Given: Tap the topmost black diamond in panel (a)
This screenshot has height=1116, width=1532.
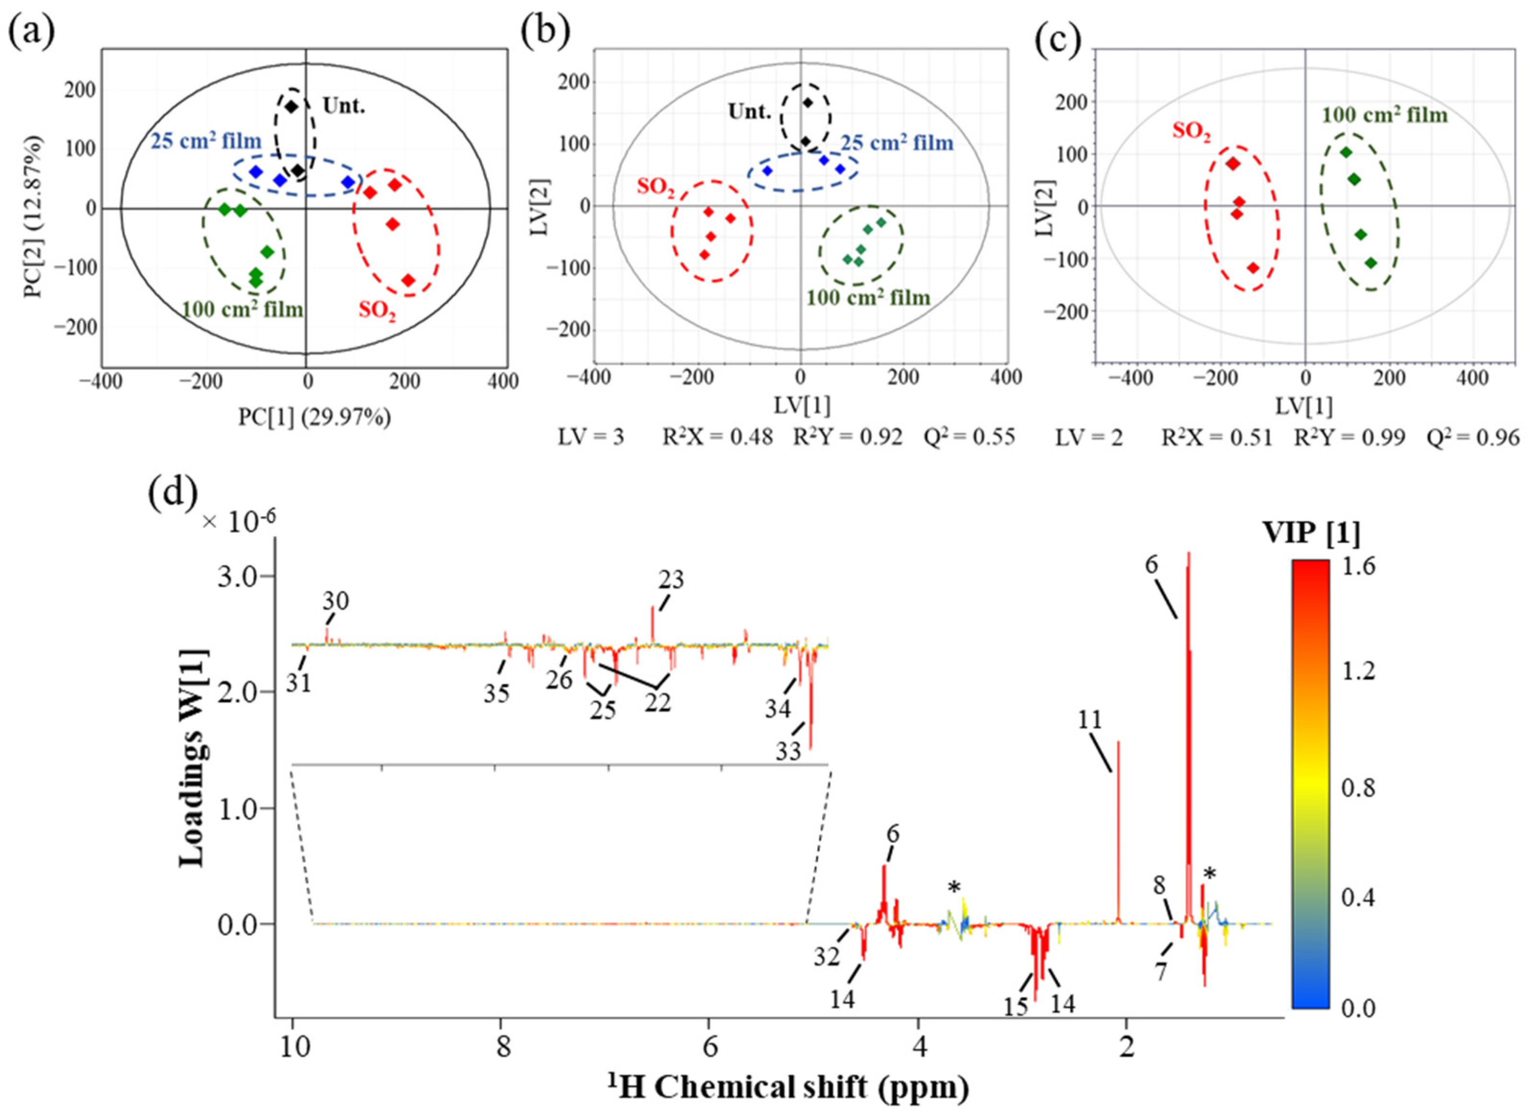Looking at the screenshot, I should point(291,107).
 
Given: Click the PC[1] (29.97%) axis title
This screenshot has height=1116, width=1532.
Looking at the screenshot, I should point(314,417).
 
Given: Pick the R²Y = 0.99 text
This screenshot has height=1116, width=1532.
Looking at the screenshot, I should point(1349,438).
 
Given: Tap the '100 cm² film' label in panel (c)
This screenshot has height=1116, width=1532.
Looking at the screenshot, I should point(1384,115).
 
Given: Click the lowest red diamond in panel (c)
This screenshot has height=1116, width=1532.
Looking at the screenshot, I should point(1253,268).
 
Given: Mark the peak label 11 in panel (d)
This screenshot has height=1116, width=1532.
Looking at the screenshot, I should point(1089,720).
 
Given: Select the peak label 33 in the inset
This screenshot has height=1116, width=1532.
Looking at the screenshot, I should point(788,751).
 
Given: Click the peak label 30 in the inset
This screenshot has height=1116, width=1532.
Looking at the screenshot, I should point(335,601).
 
